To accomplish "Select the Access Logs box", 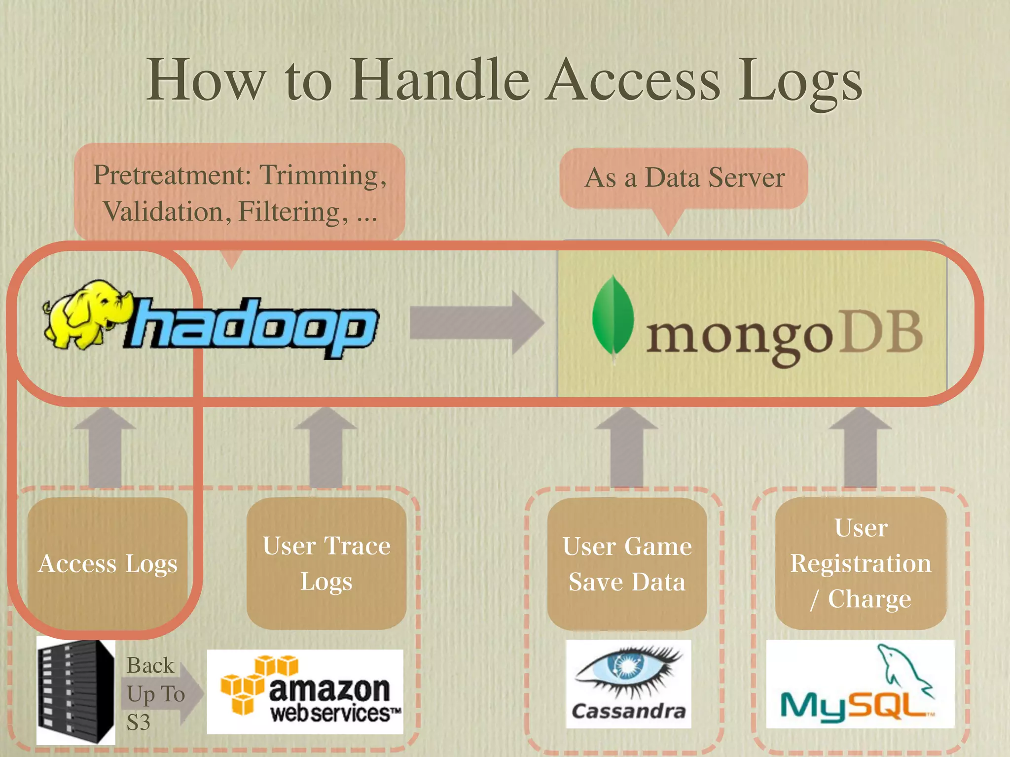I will (108, 563).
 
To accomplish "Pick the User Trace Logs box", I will (326, 563).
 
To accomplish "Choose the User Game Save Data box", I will (627, 564).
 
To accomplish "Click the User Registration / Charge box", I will (861, 563).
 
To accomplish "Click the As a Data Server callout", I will (684, 178).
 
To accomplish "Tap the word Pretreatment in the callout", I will (172, 175).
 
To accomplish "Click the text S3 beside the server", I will (138, 722).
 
